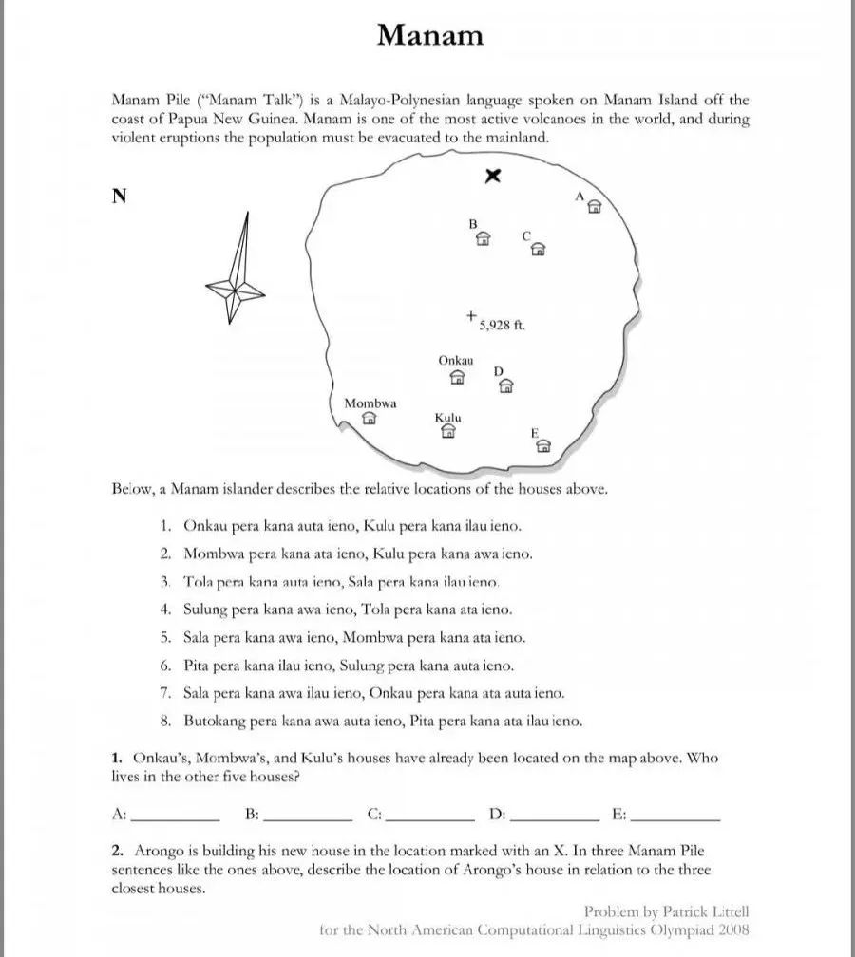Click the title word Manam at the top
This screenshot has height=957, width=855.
(429, 35)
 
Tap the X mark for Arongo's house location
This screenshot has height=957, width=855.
(493, 175)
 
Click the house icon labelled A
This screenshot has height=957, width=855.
(595, 207)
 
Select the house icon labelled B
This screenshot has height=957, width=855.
(483, 238)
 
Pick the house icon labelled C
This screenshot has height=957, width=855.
(538, 250)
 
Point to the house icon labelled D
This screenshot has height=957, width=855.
(506, 385)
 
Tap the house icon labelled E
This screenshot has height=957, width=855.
(543, 446)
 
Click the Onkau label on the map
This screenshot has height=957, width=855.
(456, 361)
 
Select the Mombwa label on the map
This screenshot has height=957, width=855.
(370, 403)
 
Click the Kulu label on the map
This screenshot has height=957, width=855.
(448, 418)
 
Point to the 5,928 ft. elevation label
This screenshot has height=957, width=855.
(502, 326)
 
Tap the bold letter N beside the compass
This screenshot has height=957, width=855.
(120, 197)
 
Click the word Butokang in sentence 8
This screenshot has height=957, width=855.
(213, 721)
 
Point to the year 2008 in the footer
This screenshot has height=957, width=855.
(733, 929)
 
